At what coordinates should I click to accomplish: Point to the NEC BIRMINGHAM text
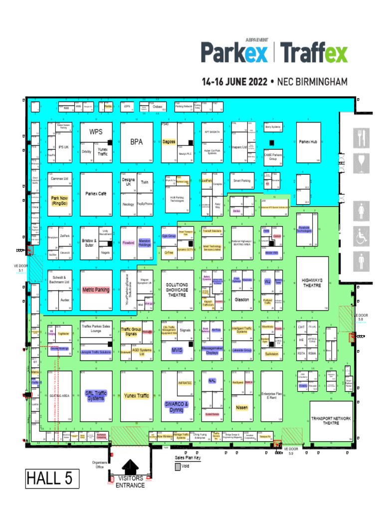(312, 81)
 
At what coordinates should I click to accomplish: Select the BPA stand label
(136, 142)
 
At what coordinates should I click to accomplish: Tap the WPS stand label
(96, 132)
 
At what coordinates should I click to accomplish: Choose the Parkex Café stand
(96, 194)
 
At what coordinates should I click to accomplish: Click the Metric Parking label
(96, 289)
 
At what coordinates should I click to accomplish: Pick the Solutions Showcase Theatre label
(177, 289)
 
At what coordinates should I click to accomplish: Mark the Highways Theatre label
(312, 283)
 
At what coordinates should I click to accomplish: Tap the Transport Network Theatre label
(331, 420)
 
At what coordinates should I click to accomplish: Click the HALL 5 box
(49, 479)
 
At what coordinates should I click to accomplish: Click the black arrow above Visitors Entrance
(130, 467)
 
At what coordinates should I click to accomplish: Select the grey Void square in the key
(178, 467)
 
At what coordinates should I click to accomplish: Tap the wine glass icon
(362, 162)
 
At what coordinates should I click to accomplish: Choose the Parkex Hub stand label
(308, 142)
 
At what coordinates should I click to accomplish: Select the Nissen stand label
(241, 407)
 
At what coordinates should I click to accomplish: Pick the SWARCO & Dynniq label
(177, 407)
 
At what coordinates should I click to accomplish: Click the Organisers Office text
(98, 464)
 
